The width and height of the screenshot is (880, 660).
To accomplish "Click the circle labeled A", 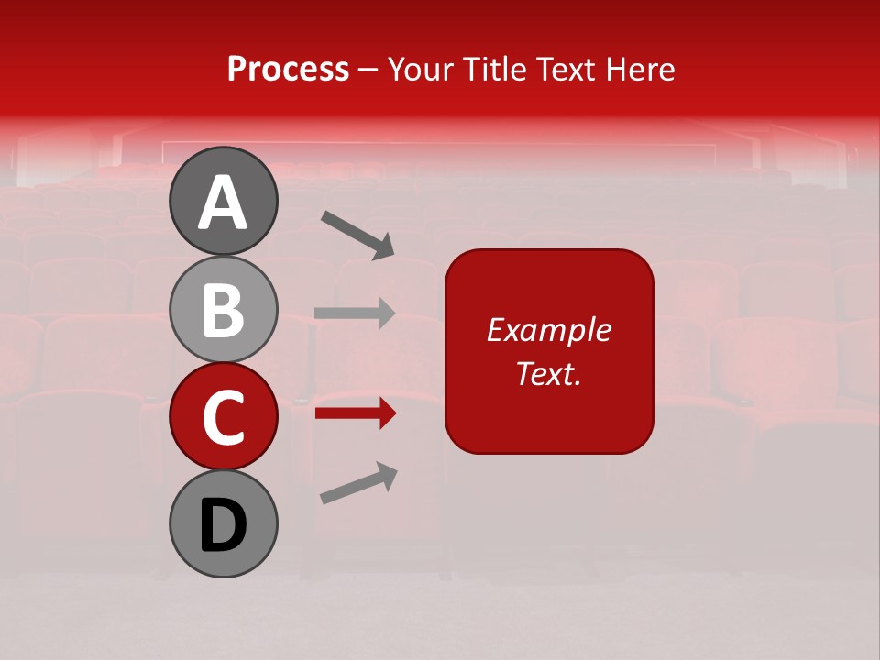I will coord(223,201).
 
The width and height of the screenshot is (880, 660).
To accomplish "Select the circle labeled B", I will coord(223,309).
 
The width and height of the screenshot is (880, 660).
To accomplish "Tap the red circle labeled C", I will coord(223,417).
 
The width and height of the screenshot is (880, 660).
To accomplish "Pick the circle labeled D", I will coord(223,524).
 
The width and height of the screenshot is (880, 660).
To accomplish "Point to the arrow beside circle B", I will coord(355,313).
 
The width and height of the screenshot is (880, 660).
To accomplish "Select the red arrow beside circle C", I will coord(355,413).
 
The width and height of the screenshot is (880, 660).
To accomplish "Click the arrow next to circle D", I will coord(358,483).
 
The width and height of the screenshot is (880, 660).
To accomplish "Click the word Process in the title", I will coord(288,69).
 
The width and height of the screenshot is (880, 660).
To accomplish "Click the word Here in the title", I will coord(641,69).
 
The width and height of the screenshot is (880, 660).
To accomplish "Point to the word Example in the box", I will coord(548,330).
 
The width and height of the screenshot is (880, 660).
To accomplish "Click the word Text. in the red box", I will coord(548,373).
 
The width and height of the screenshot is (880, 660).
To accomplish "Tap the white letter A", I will coord(223,203).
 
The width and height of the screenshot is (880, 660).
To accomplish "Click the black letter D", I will coord(223,525).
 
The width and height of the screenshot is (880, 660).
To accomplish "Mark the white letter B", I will coord(223,310).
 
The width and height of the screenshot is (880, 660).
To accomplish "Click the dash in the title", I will coord(368,70).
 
